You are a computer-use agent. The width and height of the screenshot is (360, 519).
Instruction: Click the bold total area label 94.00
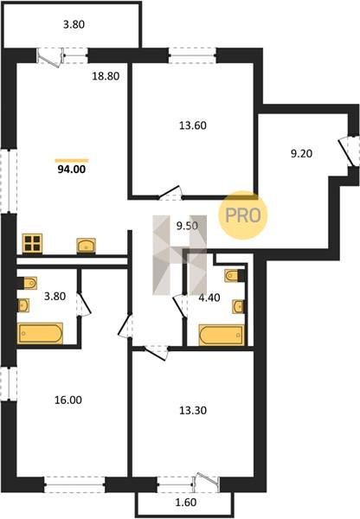[72, 170]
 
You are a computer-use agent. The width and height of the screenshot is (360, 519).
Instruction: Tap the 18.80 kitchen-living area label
[106, 76]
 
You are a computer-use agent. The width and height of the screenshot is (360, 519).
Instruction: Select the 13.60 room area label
[193, 125]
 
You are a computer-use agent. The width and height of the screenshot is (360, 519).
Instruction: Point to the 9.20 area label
[301, 154]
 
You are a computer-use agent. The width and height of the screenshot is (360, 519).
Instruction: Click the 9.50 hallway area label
[187, 226]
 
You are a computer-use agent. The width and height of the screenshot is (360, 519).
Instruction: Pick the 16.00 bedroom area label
[68, 400]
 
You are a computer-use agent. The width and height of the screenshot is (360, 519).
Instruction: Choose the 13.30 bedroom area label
[193, 410]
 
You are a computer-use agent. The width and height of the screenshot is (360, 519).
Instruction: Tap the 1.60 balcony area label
[186, 503]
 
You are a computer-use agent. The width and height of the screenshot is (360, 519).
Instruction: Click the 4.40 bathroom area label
[209, 298]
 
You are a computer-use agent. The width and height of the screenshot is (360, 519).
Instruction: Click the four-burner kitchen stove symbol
[32, 243]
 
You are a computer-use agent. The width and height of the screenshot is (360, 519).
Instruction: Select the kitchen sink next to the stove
[87, 246]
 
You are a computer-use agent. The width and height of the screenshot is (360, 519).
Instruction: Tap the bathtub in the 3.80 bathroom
[40, 333]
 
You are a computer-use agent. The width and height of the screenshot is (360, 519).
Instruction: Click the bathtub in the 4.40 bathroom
[222, 336]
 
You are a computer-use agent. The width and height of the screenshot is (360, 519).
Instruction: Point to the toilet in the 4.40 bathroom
[235, 276]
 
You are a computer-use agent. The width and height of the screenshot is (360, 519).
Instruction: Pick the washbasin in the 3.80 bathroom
[23, 305]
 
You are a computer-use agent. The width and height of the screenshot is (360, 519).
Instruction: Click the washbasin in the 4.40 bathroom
[239, 306]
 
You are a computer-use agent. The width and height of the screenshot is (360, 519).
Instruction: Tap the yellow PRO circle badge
[243, 215]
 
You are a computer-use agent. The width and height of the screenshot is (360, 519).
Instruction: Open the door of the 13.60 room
[170, 193]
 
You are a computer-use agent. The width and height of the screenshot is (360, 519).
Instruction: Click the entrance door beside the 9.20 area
[347, 152]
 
